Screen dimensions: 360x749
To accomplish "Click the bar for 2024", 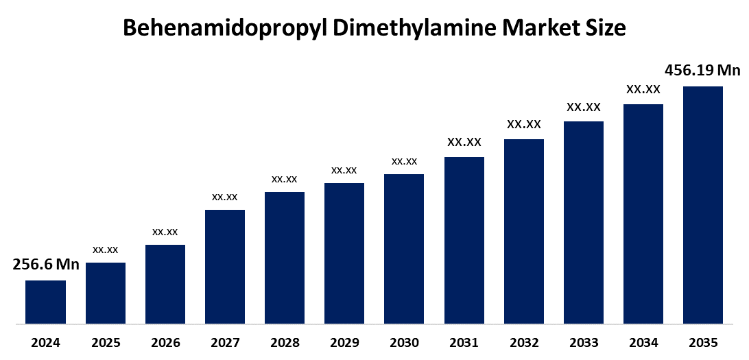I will (45, 302).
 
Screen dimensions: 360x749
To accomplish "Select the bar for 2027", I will (225, 266).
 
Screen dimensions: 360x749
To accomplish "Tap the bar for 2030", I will (404, 248).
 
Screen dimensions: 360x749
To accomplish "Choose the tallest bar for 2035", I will (703, 204).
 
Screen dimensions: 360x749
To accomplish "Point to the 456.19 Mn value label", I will (703, 70).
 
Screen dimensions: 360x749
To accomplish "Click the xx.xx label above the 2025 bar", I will (106, 250).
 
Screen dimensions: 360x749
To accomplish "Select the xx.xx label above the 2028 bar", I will (285, 179).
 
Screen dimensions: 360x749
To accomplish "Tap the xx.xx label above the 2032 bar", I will (524, 125).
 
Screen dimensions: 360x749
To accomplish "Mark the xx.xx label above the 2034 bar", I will (643, 89).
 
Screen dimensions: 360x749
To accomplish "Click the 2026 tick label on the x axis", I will (165, 343).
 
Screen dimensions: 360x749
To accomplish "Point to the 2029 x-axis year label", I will (344, 343).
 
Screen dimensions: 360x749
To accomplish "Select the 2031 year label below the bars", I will (464, 343).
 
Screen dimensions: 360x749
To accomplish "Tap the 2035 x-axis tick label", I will (703, 343).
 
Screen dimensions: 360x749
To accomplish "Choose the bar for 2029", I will (344, 253).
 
